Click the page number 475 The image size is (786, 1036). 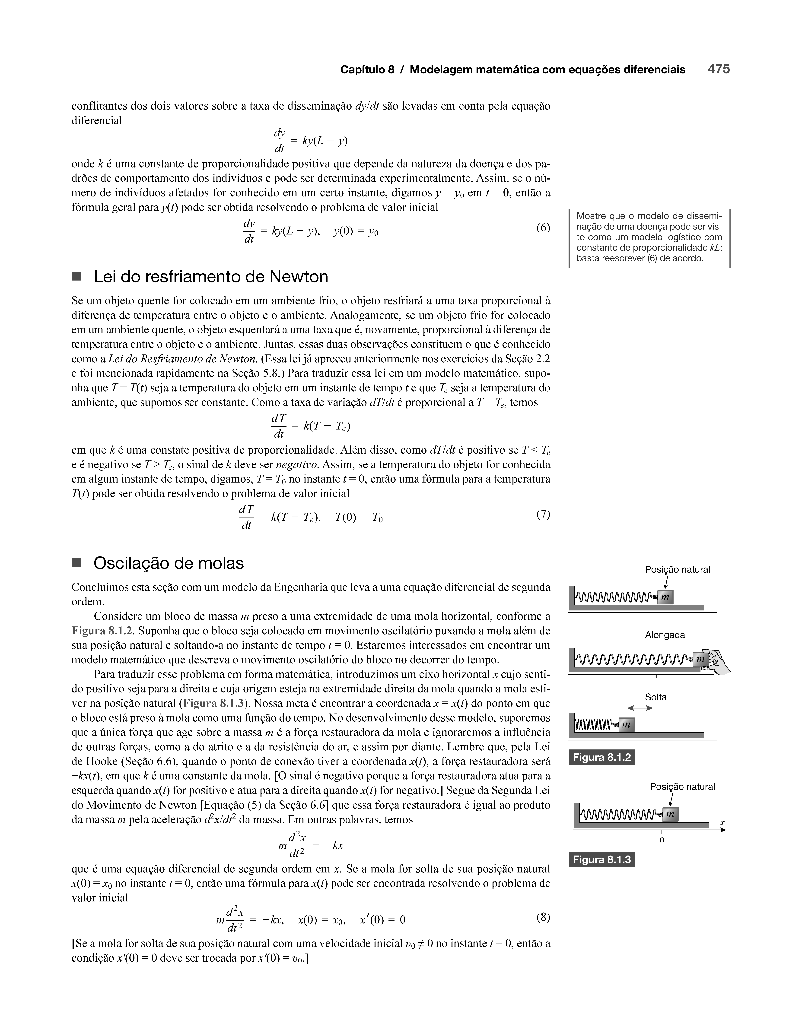(x=719, y=69)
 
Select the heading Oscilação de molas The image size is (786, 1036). (x=169, y=562)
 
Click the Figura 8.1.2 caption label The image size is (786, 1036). (x=601, y=757)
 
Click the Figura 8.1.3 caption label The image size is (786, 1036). (x=601, y=859)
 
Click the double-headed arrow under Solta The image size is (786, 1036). (x=640, y=708)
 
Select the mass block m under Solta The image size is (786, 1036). (x=626, y=725)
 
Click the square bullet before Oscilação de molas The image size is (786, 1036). (x=76, y=562)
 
